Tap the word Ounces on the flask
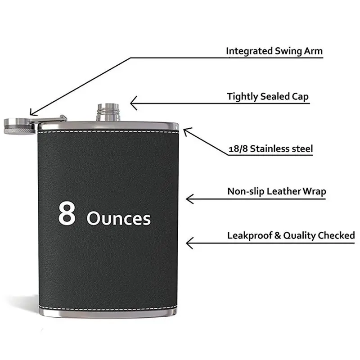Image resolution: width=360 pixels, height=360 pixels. click(x=118, y=219)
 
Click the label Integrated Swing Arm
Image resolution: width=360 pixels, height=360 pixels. click(x=274, y=51)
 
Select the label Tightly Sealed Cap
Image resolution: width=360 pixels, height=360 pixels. click(x=268, y=96)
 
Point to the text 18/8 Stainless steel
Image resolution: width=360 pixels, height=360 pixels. click(x=270, y=148)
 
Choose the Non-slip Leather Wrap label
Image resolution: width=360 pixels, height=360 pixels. click(x=276, y=191)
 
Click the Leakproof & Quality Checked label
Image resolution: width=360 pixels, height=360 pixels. click(x=291, y=235)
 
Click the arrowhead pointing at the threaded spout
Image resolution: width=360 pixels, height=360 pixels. click(x=133, y=103)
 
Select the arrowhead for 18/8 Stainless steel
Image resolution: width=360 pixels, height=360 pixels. click(x=186, y=130)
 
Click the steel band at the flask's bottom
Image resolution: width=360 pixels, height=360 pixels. click(x=108, y=312)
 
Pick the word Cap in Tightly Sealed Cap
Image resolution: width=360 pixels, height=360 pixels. click(x=299, y=96)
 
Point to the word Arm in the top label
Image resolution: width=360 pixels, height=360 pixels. click(x=314, y=51)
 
